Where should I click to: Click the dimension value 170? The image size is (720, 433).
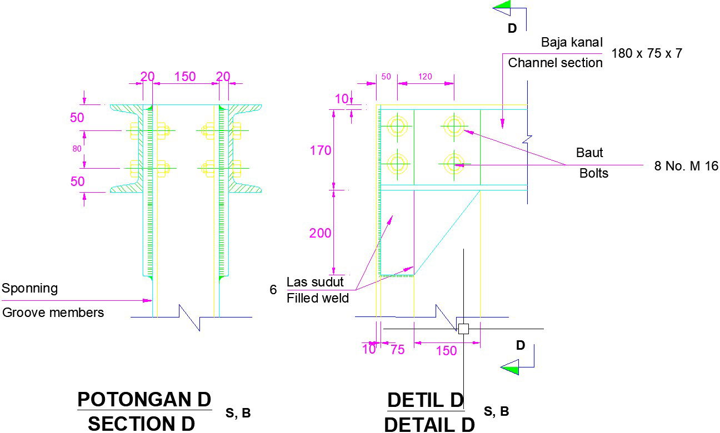pyautogui.click(x=321, y=150)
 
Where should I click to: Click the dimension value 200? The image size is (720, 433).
pyautogui.click(x=321, y=233)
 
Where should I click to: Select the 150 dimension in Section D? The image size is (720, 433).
pyautogui.click(x=185, y=77)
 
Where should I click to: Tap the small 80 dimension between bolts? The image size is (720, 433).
pyautogui.click(x=77, y=148)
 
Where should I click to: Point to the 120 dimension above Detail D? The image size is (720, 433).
pyautogui.click(x=425, y=77)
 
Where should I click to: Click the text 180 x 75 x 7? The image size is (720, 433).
pyautogui.click(x=647, y=54)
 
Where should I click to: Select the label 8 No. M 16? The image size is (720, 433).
pyautogui.click(x=686, y=166)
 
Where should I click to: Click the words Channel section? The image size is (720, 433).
pyautogui.click(x=555, y=63)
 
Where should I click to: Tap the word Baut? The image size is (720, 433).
pyautogui.click(x=589, y=153)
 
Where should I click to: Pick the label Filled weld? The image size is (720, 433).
pyautogui.click(x=318, y=298)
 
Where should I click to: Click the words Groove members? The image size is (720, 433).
pyautogui.click(x=53, y=313)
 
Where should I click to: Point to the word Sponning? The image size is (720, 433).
pyautogui.click(x=30, y=288)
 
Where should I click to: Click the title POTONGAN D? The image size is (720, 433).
pyautogui.click(x=144, y=399)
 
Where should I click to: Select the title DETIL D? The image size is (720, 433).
pyautogui.click(x=426, y=400)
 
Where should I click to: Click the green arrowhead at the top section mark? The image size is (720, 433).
pyautogui.click(x=502, y=8)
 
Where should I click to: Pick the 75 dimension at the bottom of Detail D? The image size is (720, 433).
pyautogui.click(x=398, y=349)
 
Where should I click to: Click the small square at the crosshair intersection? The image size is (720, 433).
pyautogui.click(x=463, y=329)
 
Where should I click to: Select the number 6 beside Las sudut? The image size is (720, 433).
pyautogui.click(x=273, y=290)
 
